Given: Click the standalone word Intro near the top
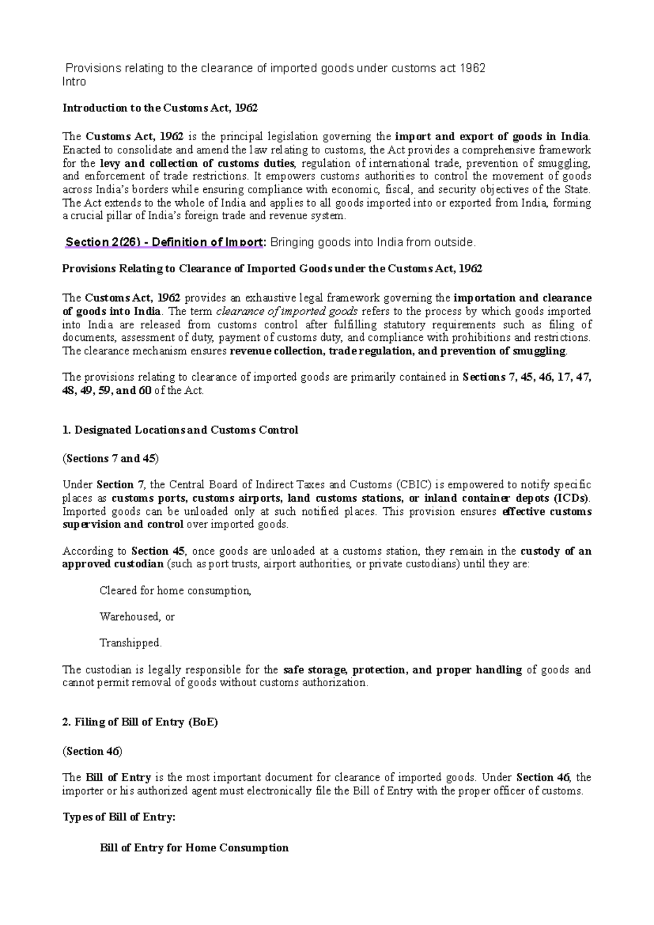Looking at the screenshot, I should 75,82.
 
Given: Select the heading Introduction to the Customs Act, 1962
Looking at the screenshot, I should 160,108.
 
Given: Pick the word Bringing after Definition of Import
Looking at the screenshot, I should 293,242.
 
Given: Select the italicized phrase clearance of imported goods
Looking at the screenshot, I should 287,311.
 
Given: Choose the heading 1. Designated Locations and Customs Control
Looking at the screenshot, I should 180,430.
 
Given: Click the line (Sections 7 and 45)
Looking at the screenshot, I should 111,459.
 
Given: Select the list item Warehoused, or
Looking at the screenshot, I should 137,617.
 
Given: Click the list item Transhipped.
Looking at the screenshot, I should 131,643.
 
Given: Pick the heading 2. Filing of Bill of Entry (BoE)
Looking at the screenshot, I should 141,722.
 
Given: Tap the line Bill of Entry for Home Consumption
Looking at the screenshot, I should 194,848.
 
